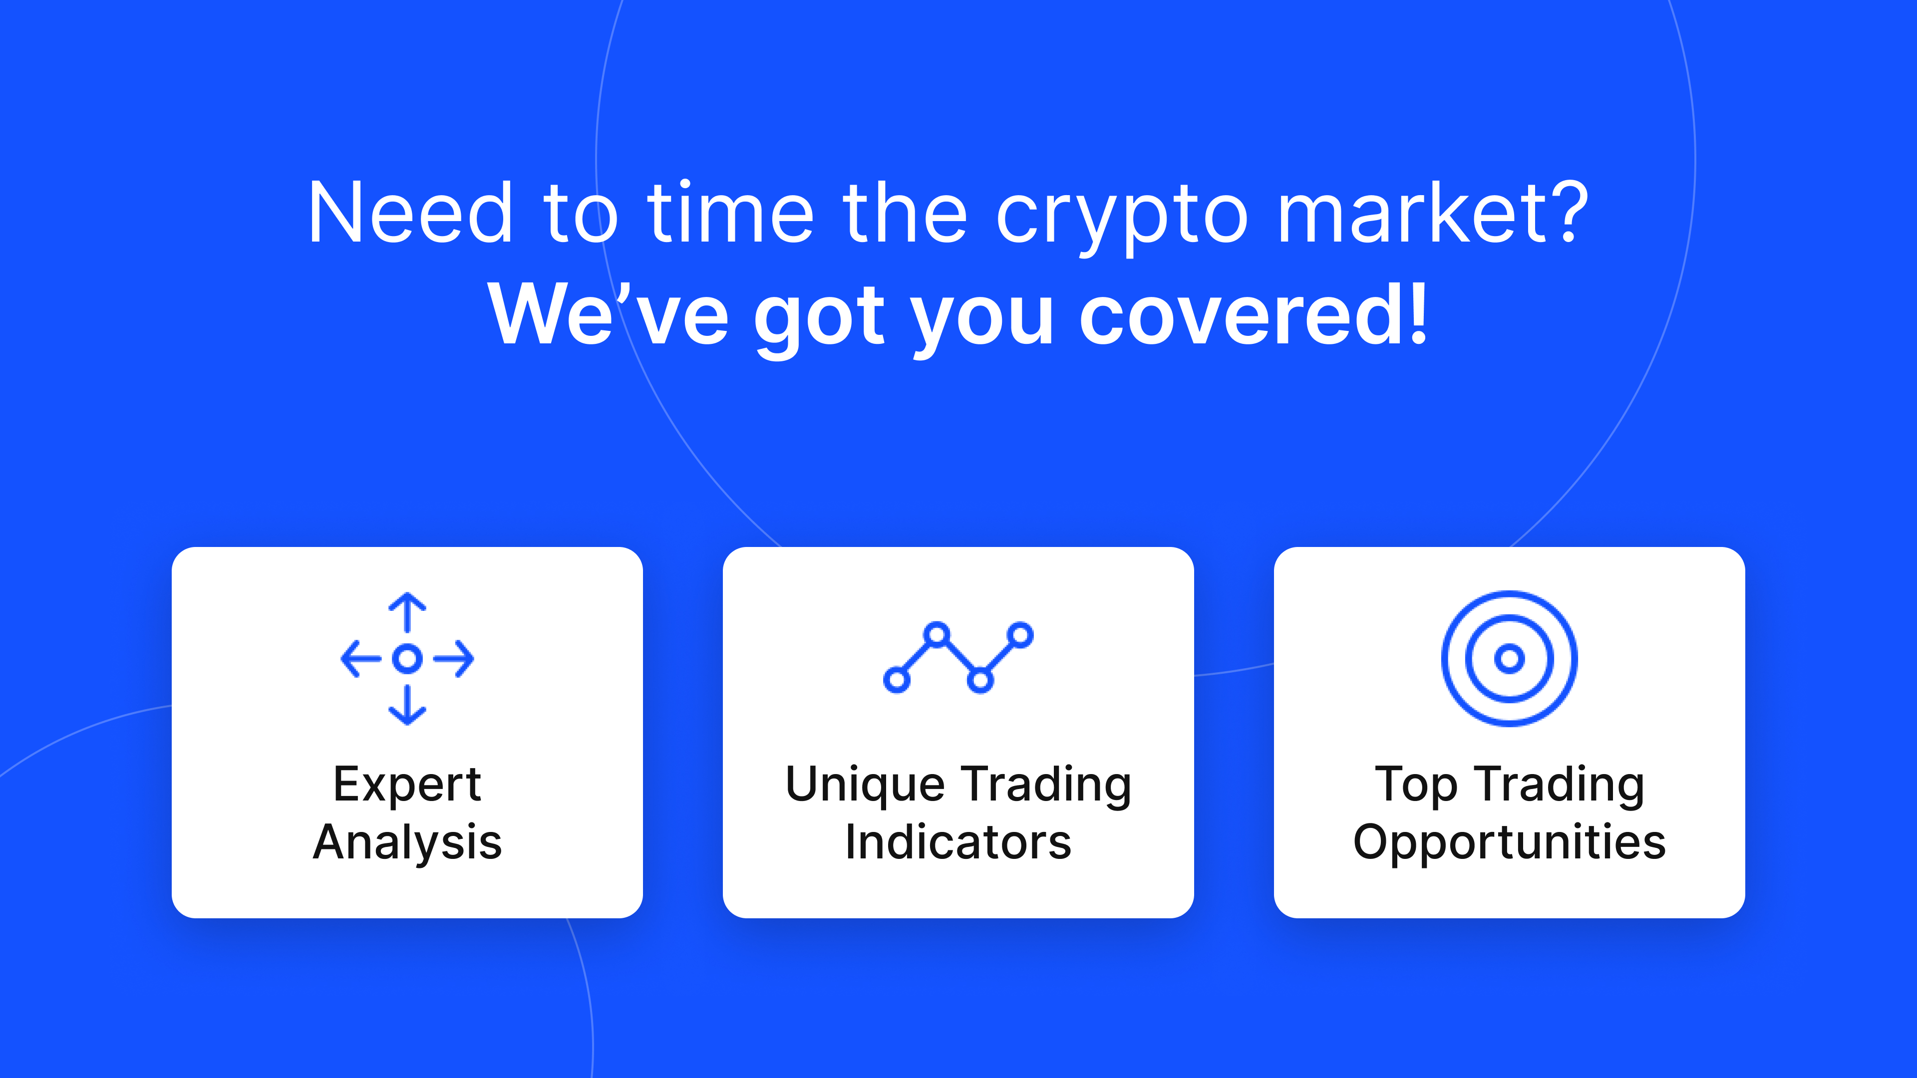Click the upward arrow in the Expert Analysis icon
407,611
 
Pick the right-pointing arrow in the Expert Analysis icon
454,658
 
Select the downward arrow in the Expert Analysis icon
407,705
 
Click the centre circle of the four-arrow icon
407,658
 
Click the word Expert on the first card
407,786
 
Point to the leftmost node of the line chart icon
896,680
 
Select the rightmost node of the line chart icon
1022,635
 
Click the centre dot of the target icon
1509,658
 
